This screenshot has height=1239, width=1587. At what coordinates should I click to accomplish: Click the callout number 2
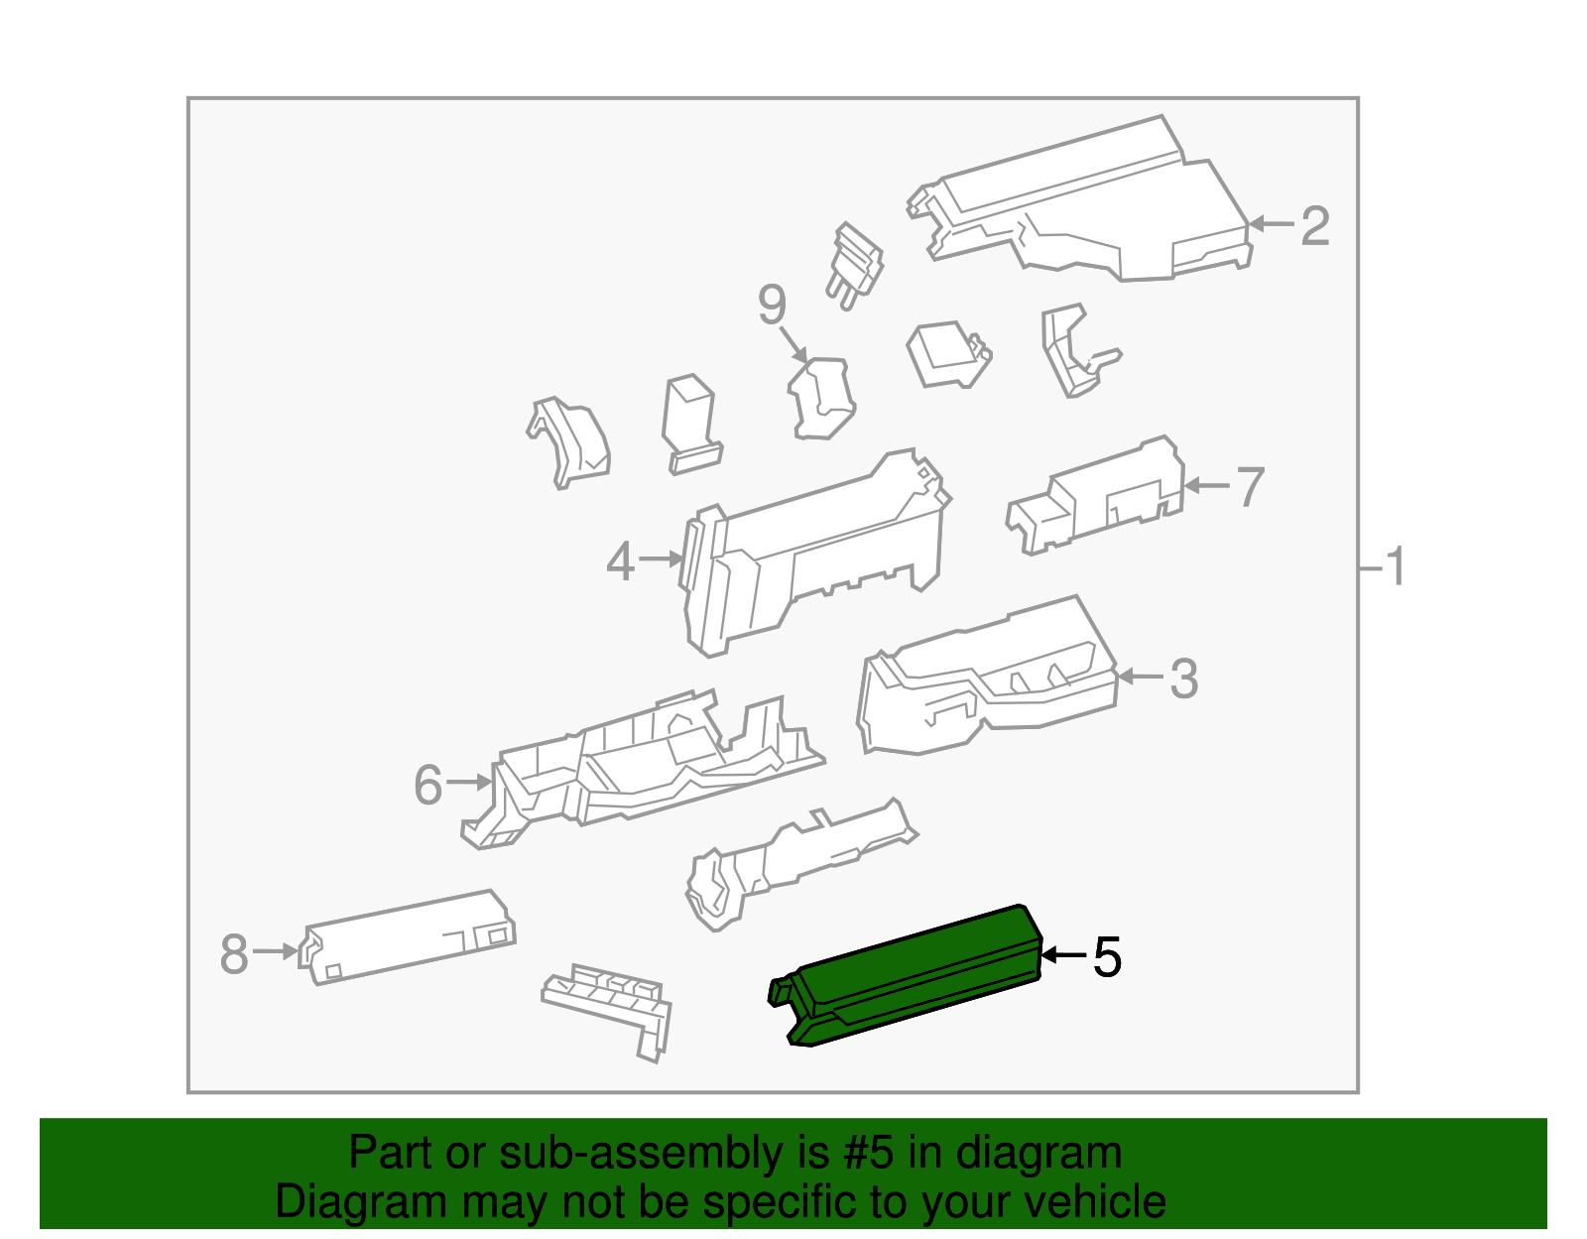point(1314,226)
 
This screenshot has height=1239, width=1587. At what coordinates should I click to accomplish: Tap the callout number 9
point(772,305)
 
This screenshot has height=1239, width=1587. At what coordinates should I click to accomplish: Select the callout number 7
point(1251,487)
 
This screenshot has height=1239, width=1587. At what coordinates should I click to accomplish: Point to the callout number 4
point(621,561)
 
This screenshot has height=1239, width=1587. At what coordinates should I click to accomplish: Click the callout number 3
point(1184,679)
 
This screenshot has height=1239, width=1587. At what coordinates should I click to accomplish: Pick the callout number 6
point(427,785)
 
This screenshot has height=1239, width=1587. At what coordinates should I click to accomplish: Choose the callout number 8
point(234,953)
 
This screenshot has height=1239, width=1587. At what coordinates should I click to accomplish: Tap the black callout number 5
point(1107,956)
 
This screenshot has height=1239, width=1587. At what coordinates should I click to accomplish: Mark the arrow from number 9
point(793,344)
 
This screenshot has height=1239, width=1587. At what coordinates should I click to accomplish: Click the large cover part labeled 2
point(1081,200)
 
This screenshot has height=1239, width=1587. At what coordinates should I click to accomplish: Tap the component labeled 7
point(1095,495)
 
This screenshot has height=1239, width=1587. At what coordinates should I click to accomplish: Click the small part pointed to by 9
point(821,398)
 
